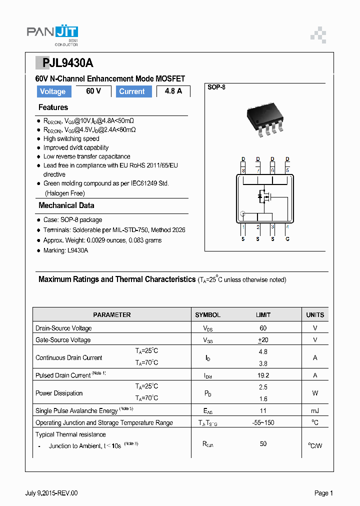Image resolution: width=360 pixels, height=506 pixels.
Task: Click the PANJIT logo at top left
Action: (x=52, y=34)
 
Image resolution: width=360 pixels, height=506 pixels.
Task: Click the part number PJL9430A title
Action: (x=64, y=63)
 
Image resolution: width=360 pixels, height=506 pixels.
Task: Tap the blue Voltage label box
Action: (x=52, y=91)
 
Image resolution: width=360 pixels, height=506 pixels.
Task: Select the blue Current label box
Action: (x=133, y=91)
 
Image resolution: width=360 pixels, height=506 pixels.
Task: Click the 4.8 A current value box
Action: (x=173, y=91)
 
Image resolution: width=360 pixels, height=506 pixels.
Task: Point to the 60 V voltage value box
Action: (x=93, y=91)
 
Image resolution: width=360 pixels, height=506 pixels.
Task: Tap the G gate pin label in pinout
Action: (x=287, y=239)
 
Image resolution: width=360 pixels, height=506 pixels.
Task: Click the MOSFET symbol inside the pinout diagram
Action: (x=263, y=196)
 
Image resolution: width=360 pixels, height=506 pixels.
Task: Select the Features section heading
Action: (x=53, y=107)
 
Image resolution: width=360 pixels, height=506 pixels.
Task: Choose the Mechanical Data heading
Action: (x=66, y=205)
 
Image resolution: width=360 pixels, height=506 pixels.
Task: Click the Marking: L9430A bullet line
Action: (x=65, y=250)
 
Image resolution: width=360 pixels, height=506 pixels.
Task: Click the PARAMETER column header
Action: (x=112, y=315)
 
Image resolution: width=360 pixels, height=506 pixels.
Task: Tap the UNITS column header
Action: (x=315, y=315)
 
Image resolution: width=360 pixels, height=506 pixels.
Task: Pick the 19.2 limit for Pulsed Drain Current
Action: (x=263, y=375)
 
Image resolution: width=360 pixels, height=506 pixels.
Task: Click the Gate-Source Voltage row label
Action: (x=63, y=340)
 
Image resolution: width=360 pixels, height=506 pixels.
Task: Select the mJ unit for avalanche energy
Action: (x=315, y=410)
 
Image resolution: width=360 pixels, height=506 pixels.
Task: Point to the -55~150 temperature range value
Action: (x=263, y=422)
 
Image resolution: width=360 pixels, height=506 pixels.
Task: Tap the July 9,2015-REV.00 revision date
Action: (x=51, y=493)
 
